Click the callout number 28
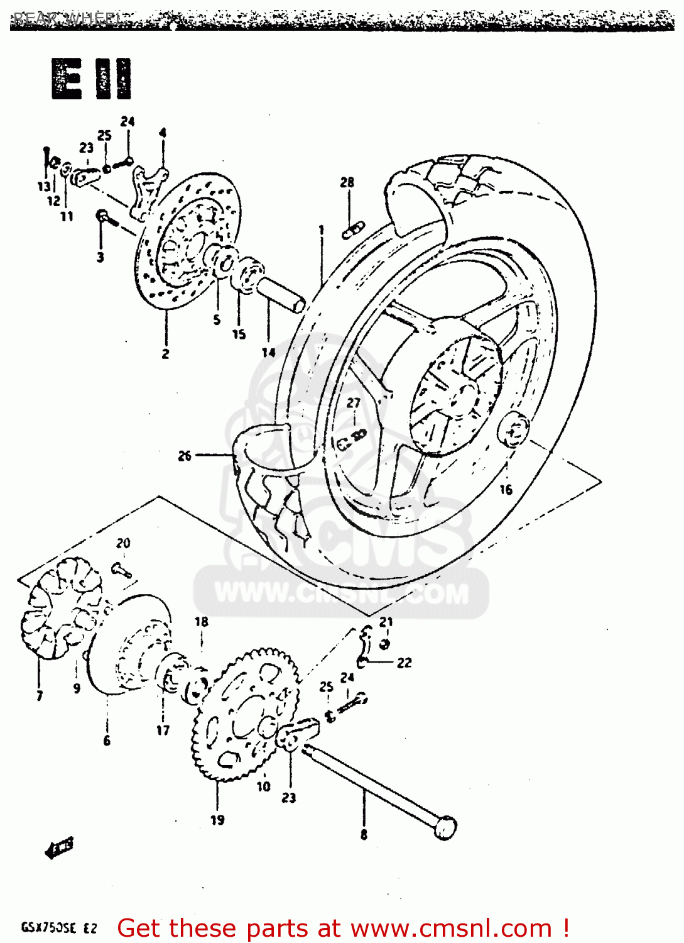(x=347, y=182)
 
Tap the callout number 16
(x=506, y=489)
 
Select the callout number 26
(x=185, y=456)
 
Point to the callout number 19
(x=217, y=820)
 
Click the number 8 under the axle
(x=364, y=835)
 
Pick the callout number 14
(x=269, y=352)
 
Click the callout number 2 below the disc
(x=165, y=354)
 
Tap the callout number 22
(x=404, y=663)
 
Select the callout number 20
(x=123, y=543)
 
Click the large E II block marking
(x=92, y=79)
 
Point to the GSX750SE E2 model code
(x=59, y=928)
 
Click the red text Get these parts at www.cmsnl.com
(x=343, y=928)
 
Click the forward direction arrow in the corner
(x=60, y=847)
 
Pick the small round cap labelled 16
(x=513, y=431)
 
